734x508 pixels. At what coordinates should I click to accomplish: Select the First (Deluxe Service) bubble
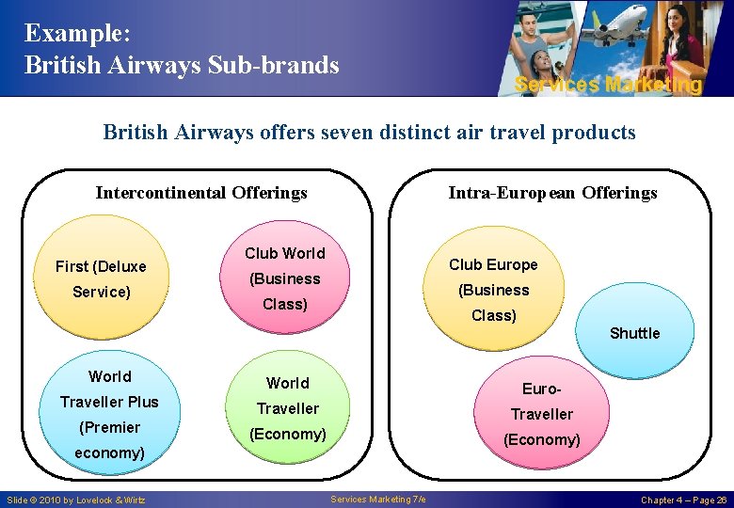click(101, 279)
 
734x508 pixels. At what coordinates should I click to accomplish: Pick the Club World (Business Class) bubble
click(285, 278)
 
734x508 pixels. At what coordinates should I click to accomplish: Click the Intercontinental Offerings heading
click(201, 193)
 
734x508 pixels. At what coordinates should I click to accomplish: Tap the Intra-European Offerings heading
click(552, 193)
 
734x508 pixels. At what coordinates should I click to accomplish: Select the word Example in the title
click(74, 33)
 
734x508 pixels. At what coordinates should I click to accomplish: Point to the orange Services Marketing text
click(608, 85)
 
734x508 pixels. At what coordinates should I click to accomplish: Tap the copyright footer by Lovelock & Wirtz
click(75, 500)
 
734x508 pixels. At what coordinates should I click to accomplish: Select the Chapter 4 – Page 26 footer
click(684, 500)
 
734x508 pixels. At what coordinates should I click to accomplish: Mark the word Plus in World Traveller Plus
click(144, 402)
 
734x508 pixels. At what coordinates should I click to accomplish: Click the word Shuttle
click(634, 333)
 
